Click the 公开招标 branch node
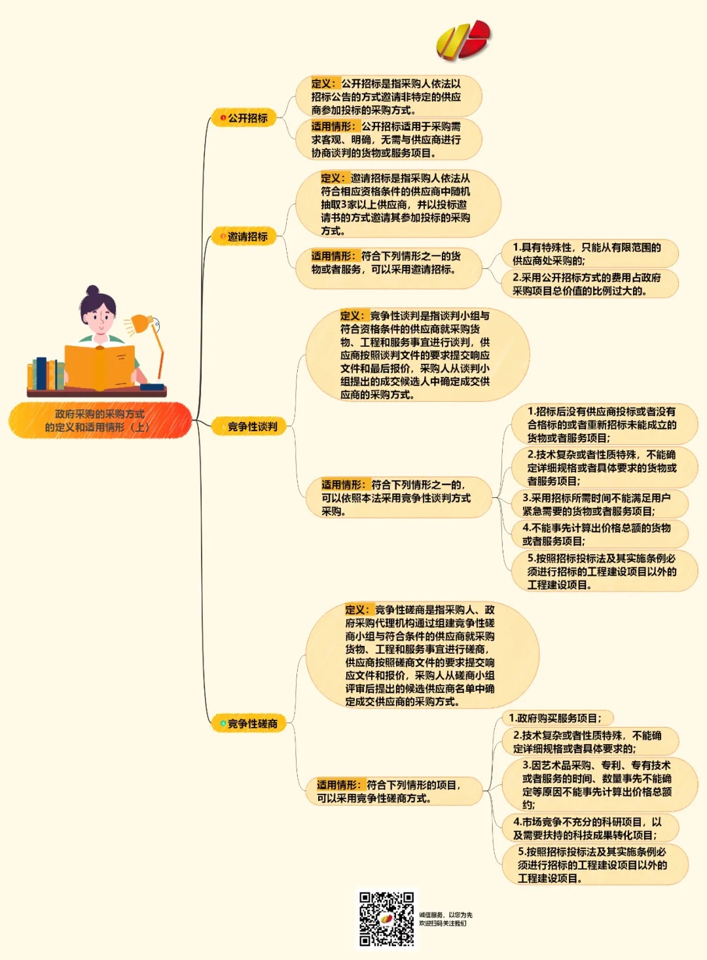(244, 118)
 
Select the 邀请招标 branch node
(244, 237)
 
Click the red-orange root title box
(100, 420)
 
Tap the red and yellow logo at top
(463, 40)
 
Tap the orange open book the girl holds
(100, 366)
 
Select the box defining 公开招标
(388, 97)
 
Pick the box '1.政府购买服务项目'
(554, 718)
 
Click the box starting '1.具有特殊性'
(587, 254)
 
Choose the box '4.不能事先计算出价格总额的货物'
(596, 534)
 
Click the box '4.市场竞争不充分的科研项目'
(587, 828)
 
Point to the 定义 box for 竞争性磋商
(420, 656)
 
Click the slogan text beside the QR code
(446, 919)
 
